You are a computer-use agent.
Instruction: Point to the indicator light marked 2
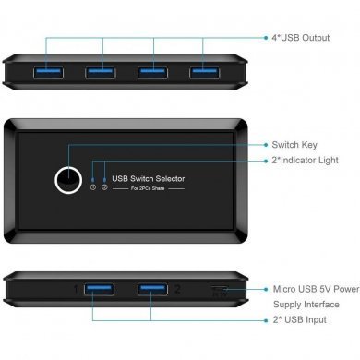point(104,186)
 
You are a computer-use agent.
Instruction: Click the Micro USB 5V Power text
point(316,289)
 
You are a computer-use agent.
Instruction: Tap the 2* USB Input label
point(300,319)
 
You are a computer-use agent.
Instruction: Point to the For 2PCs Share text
point(148,189)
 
